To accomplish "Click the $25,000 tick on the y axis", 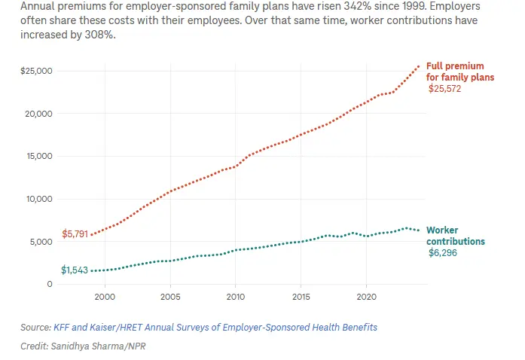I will (x=37, y=71).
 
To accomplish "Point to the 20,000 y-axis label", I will (x=39, y=114).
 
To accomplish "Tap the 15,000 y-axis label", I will (x=39, y=157).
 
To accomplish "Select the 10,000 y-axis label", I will (x=39, y=200).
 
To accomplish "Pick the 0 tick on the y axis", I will (x=49, y=285).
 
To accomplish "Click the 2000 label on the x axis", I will (x=105, y=297).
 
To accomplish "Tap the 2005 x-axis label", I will (x=170, y=297).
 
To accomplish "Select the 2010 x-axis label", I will (x=235, y=297).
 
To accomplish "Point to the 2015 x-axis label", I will (x=301, y=297).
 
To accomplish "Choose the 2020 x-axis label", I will (x=366, y=297).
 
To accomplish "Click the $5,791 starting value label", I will (x=75, y=234).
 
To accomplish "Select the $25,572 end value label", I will (x=444, y=89).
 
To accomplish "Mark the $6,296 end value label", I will (x=443, y=253).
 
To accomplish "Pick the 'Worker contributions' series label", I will (x=455, y=236).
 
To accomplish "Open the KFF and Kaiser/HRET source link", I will (x=215, y=328).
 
